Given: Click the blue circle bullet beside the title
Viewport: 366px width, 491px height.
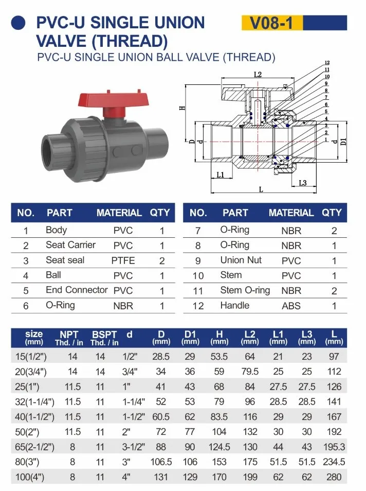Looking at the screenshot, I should (20, 22).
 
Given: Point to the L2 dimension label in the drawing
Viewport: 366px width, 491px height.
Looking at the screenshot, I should (258, 75).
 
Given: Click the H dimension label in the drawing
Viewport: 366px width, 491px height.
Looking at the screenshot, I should (181, 108).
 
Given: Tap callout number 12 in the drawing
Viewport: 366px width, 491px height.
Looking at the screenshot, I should (327, 63).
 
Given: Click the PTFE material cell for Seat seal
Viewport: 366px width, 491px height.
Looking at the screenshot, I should (123, 260).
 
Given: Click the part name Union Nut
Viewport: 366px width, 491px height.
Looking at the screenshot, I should (241, 260).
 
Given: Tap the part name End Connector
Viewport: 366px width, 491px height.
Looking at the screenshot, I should (77, 290).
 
